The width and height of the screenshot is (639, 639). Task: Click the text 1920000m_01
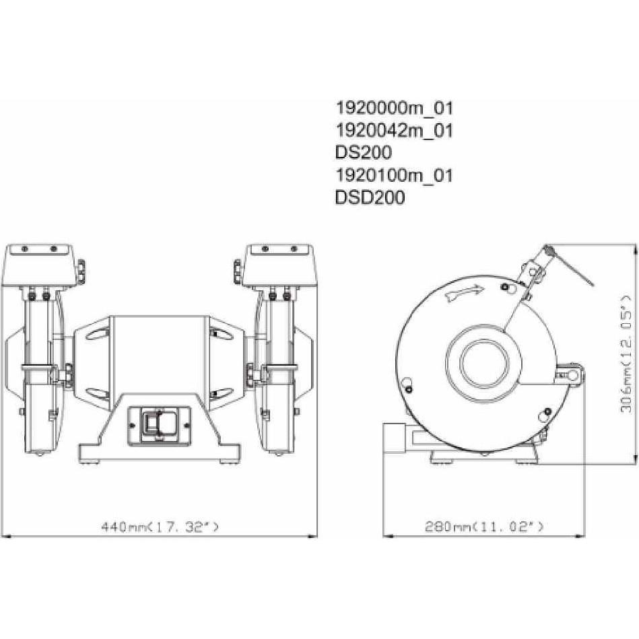(394, 108)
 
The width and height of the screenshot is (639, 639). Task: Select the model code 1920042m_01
(394, 131)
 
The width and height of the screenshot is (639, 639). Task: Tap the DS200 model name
(363, 154)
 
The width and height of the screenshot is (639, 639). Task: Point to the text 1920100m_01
(394, 176)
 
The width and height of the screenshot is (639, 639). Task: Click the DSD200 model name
(370, 199)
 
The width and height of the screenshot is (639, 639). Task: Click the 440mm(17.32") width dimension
(160, 527)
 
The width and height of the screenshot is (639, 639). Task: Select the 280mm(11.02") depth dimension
(484, 527)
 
